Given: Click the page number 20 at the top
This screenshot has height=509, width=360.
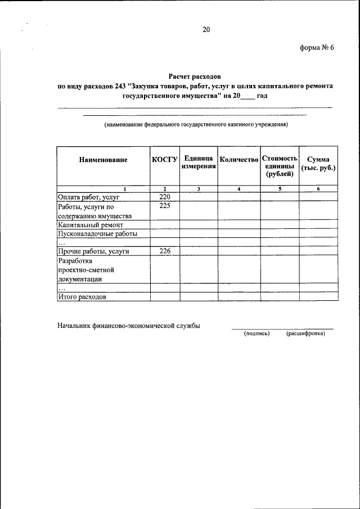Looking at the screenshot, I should (206, 30).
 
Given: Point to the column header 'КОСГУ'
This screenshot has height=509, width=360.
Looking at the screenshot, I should (165, 160).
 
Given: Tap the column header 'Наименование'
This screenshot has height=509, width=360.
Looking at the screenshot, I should (103, 160).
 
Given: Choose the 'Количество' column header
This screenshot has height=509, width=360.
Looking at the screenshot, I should (239, 160).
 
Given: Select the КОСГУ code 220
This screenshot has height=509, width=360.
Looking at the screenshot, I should (164, 197).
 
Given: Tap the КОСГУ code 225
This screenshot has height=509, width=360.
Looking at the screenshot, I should (164, 206).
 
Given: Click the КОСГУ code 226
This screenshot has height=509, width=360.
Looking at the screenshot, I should (164, 251).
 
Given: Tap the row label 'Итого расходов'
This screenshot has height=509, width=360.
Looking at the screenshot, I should (82, 296).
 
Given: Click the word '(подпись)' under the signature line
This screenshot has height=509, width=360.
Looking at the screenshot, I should (256, 334).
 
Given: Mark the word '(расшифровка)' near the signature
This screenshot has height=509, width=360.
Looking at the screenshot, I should (305, 334).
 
